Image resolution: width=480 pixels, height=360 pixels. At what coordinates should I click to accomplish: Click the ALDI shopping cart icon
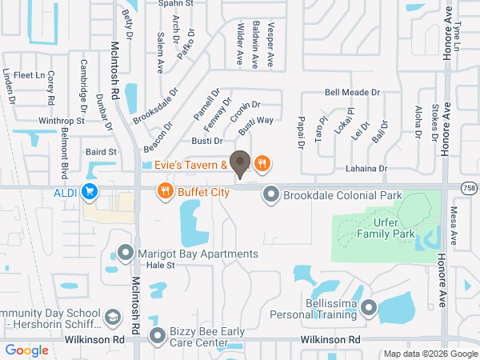90,192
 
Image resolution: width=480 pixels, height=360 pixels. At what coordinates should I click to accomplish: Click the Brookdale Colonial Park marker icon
272,194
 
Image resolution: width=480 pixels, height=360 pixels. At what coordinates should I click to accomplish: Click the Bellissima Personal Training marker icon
368,308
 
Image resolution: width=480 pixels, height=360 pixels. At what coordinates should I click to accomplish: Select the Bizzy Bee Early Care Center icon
157,337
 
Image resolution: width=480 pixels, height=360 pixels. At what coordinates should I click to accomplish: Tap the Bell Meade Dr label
352,92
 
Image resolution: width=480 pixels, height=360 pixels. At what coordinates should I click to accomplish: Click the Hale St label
159,265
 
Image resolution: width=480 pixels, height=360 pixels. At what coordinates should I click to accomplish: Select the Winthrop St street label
62,121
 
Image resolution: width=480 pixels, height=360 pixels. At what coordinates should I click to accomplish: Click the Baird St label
102,151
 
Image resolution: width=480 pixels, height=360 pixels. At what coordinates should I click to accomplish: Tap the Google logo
26,350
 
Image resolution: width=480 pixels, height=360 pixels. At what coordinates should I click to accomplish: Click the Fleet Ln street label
28,75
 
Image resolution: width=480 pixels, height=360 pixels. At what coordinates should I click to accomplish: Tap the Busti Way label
256,121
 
